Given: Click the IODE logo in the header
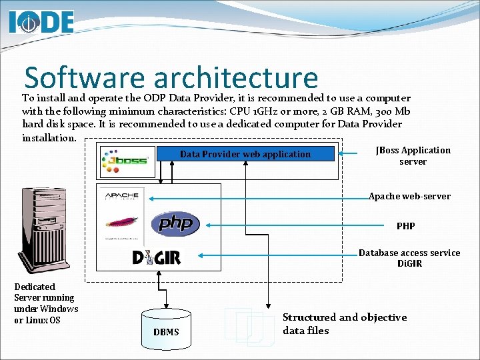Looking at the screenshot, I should click(41, 21).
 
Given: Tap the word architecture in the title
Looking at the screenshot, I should click(235, 77).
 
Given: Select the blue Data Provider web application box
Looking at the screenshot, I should click(245, 154).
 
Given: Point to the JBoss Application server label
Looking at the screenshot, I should click(413, 156).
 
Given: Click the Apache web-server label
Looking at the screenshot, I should click(409, 197).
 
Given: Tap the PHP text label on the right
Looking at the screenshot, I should click(405, 226).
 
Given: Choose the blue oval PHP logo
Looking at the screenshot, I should click(175, 223).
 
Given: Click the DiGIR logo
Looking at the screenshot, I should click(156, 257).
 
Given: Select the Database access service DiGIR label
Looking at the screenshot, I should click(409, 258).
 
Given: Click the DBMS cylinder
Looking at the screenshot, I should click(166, 326).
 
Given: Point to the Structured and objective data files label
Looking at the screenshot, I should click(344, 324).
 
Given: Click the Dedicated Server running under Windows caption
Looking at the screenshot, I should click(45, 303).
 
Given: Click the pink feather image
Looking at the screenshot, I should click(125, 222).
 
